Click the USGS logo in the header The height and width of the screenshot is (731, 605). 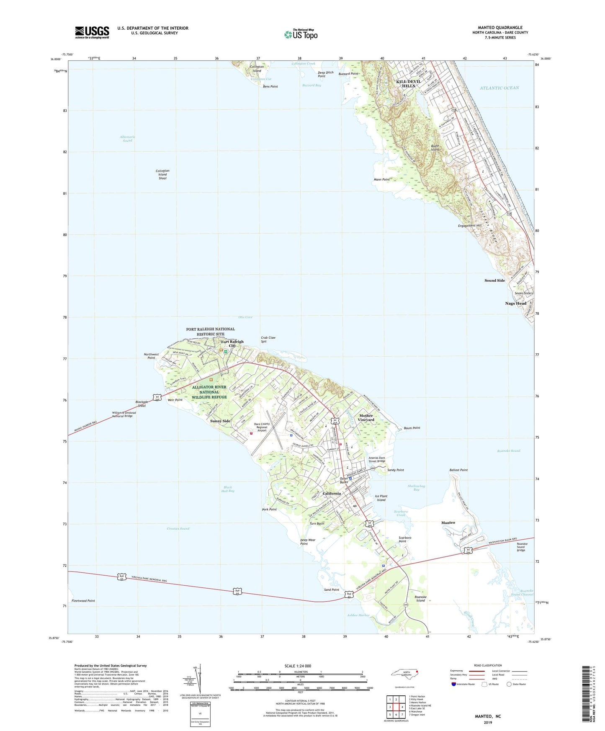[x=92, y=32]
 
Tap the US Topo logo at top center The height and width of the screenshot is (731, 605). [x=301, y=34]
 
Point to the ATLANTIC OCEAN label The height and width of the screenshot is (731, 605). [x=499, y=88]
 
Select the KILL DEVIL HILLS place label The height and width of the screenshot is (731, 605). [x=406, y=83]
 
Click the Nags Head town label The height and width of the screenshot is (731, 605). [x=515, y=304]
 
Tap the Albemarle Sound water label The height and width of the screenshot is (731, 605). [x=127, y=139]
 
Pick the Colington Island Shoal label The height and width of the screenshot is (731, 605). [x=162, y=175]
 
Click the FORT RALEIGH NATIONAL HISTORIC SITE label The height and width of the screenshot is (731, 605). [x=210, y=332]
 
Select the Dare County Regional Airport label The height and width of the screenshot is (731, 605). [x=262, y=427]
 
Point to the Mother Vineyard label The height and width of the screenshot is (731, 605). [x=366, y=418]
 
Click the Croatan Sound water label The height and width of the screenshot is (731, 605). [x=178, y=529]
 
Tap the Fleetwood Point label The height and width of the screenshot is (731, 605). [x=83, y=601]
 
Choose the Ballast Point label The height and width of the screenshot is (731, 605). [x=458, y=470]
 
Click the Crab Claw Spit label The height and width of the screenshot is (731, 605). [x=268, y=340]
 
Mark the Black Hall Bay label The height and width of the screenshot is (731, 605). [x=228, y=489]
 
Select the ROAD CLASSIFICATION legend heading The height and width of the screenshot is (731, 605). [x=488, y=665]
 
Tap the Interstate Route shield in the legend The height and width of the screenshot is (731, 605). [x=453, y=685]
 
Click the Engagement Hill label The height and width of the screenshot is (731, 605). [x=469, y=226]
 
